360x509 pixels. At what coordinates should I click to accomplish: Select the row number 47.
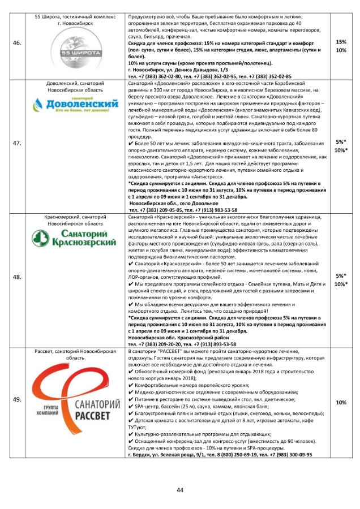point(17,143)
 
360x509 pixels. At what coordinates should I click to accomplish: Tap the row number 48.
point(17,277)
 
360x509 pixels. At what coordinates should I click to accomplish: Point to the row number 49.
point(17,399)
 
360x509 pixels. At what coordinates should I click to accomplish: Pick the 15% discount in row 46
point(341,42)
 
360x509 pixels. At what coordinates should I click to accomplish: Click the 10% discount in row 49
point(341,403)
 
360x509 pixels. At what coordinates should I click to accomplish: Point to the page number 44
point(180,489)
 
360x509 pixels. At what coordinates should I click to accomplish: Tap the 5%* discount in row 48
point(341,275)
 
